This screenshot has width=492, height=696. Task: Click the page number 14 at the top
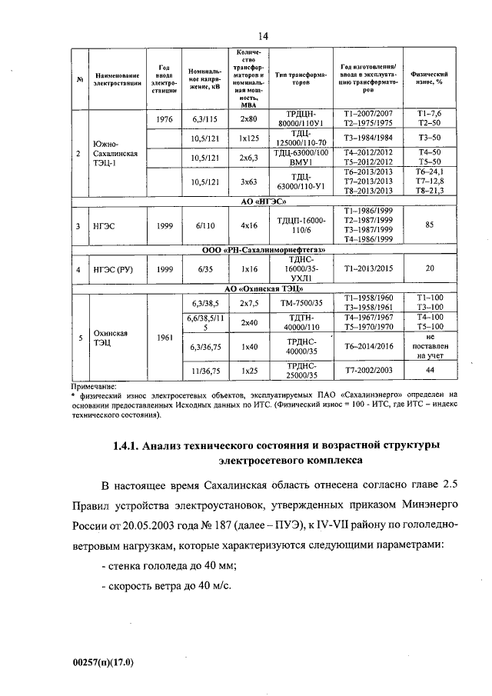click(x=262, y=35)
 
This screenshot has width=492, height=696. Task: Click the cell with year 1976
click(x=163, y=119)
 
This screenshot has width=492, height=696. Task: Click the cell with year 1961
click(x=163, y=338)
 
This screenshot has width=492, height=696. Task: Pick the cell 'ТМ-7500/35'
click(x=301, y=302)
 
